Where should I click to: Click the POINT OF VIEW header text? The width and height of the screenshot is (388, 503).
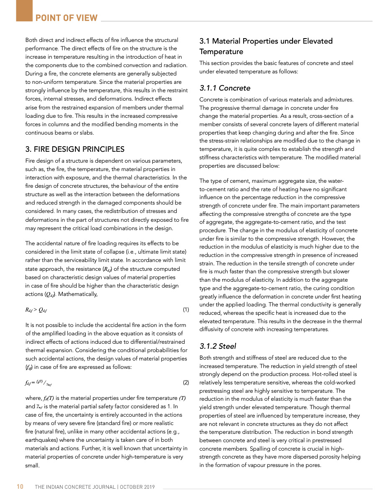click(67, 18)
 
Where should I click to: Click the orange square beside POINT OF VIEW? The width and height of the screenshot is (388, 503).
click(24, 10)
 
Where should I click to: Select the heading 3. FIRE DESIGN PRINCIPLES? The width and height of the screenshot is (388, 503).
click(75, 149)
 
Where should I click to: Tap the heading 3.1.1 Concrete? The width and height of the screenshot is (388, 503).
click(225, 88)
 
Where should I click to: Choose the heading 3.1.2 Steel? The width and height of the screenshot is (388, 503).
click(218, 346)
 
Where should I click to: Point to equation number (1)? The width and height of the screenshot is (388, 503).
click(186, 310)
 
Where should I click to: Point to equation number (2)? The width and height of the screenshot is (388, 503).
click(186, 383)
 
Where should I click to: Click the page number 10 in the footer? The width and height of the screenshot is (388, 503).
click(20, 487)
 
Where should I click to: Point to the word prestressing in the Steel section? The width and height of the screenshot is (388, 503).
click(217, 391)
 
